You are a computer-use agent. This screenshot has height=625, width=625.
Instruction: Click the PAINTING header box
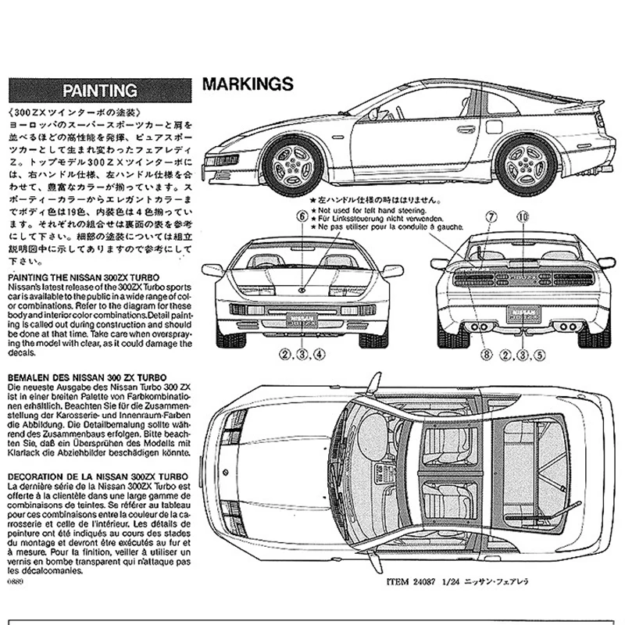[100, 89]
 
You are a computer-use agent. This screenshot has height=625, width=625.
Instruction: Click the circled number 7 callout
[491, 216]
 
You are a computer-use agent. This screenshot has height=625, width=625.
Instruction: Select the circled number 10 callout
[523, 216]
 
